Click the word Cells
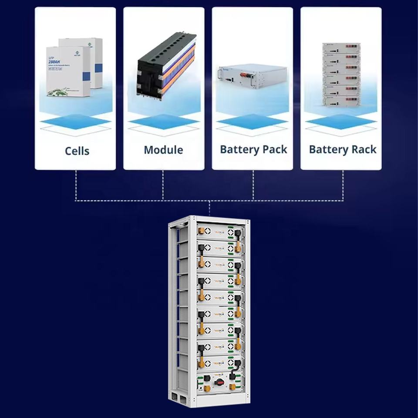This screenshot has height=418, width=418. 77,151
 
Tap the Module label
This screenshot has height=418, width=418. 163,150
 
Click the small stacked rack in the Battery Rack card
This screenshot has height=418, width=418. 341,74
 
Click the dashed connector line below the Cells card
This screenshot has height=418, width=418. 76,185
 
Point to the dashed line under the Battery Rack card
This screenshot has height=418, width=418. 343,185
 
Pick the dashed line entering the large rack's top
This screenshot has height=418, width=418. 209,208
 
